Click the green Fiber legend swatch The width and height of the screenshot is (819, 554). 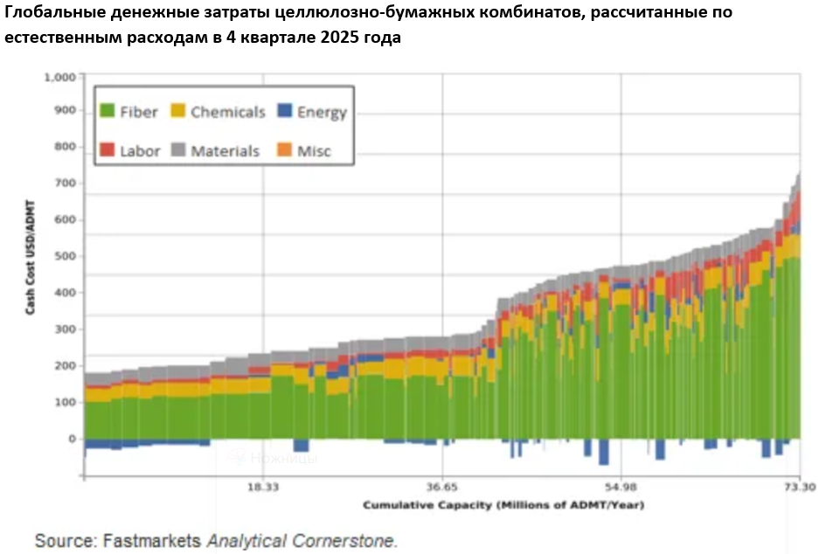108,111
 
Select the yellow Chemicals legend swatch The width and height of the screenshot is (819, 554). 177,111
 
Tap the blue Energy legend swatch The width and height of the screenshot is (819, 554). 284,111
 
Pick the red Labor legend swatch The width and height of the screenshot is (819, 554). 108,150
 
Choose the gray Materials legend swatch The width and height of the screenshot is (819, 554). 177,150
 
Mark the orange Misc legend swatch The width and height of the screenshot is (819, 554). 284,150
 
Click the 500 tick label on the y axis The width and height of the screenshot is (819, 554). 66,256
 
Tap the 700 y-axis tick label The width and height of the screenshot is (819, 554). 66,184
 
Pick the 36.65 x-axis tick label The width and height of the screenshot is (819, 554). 442,488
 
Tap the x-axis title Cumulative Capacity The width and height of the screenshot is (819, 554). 503,505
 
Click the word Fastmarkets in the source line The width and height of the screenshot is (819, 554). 151,541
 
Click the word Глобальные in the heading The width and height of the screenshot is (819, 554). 53,13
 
